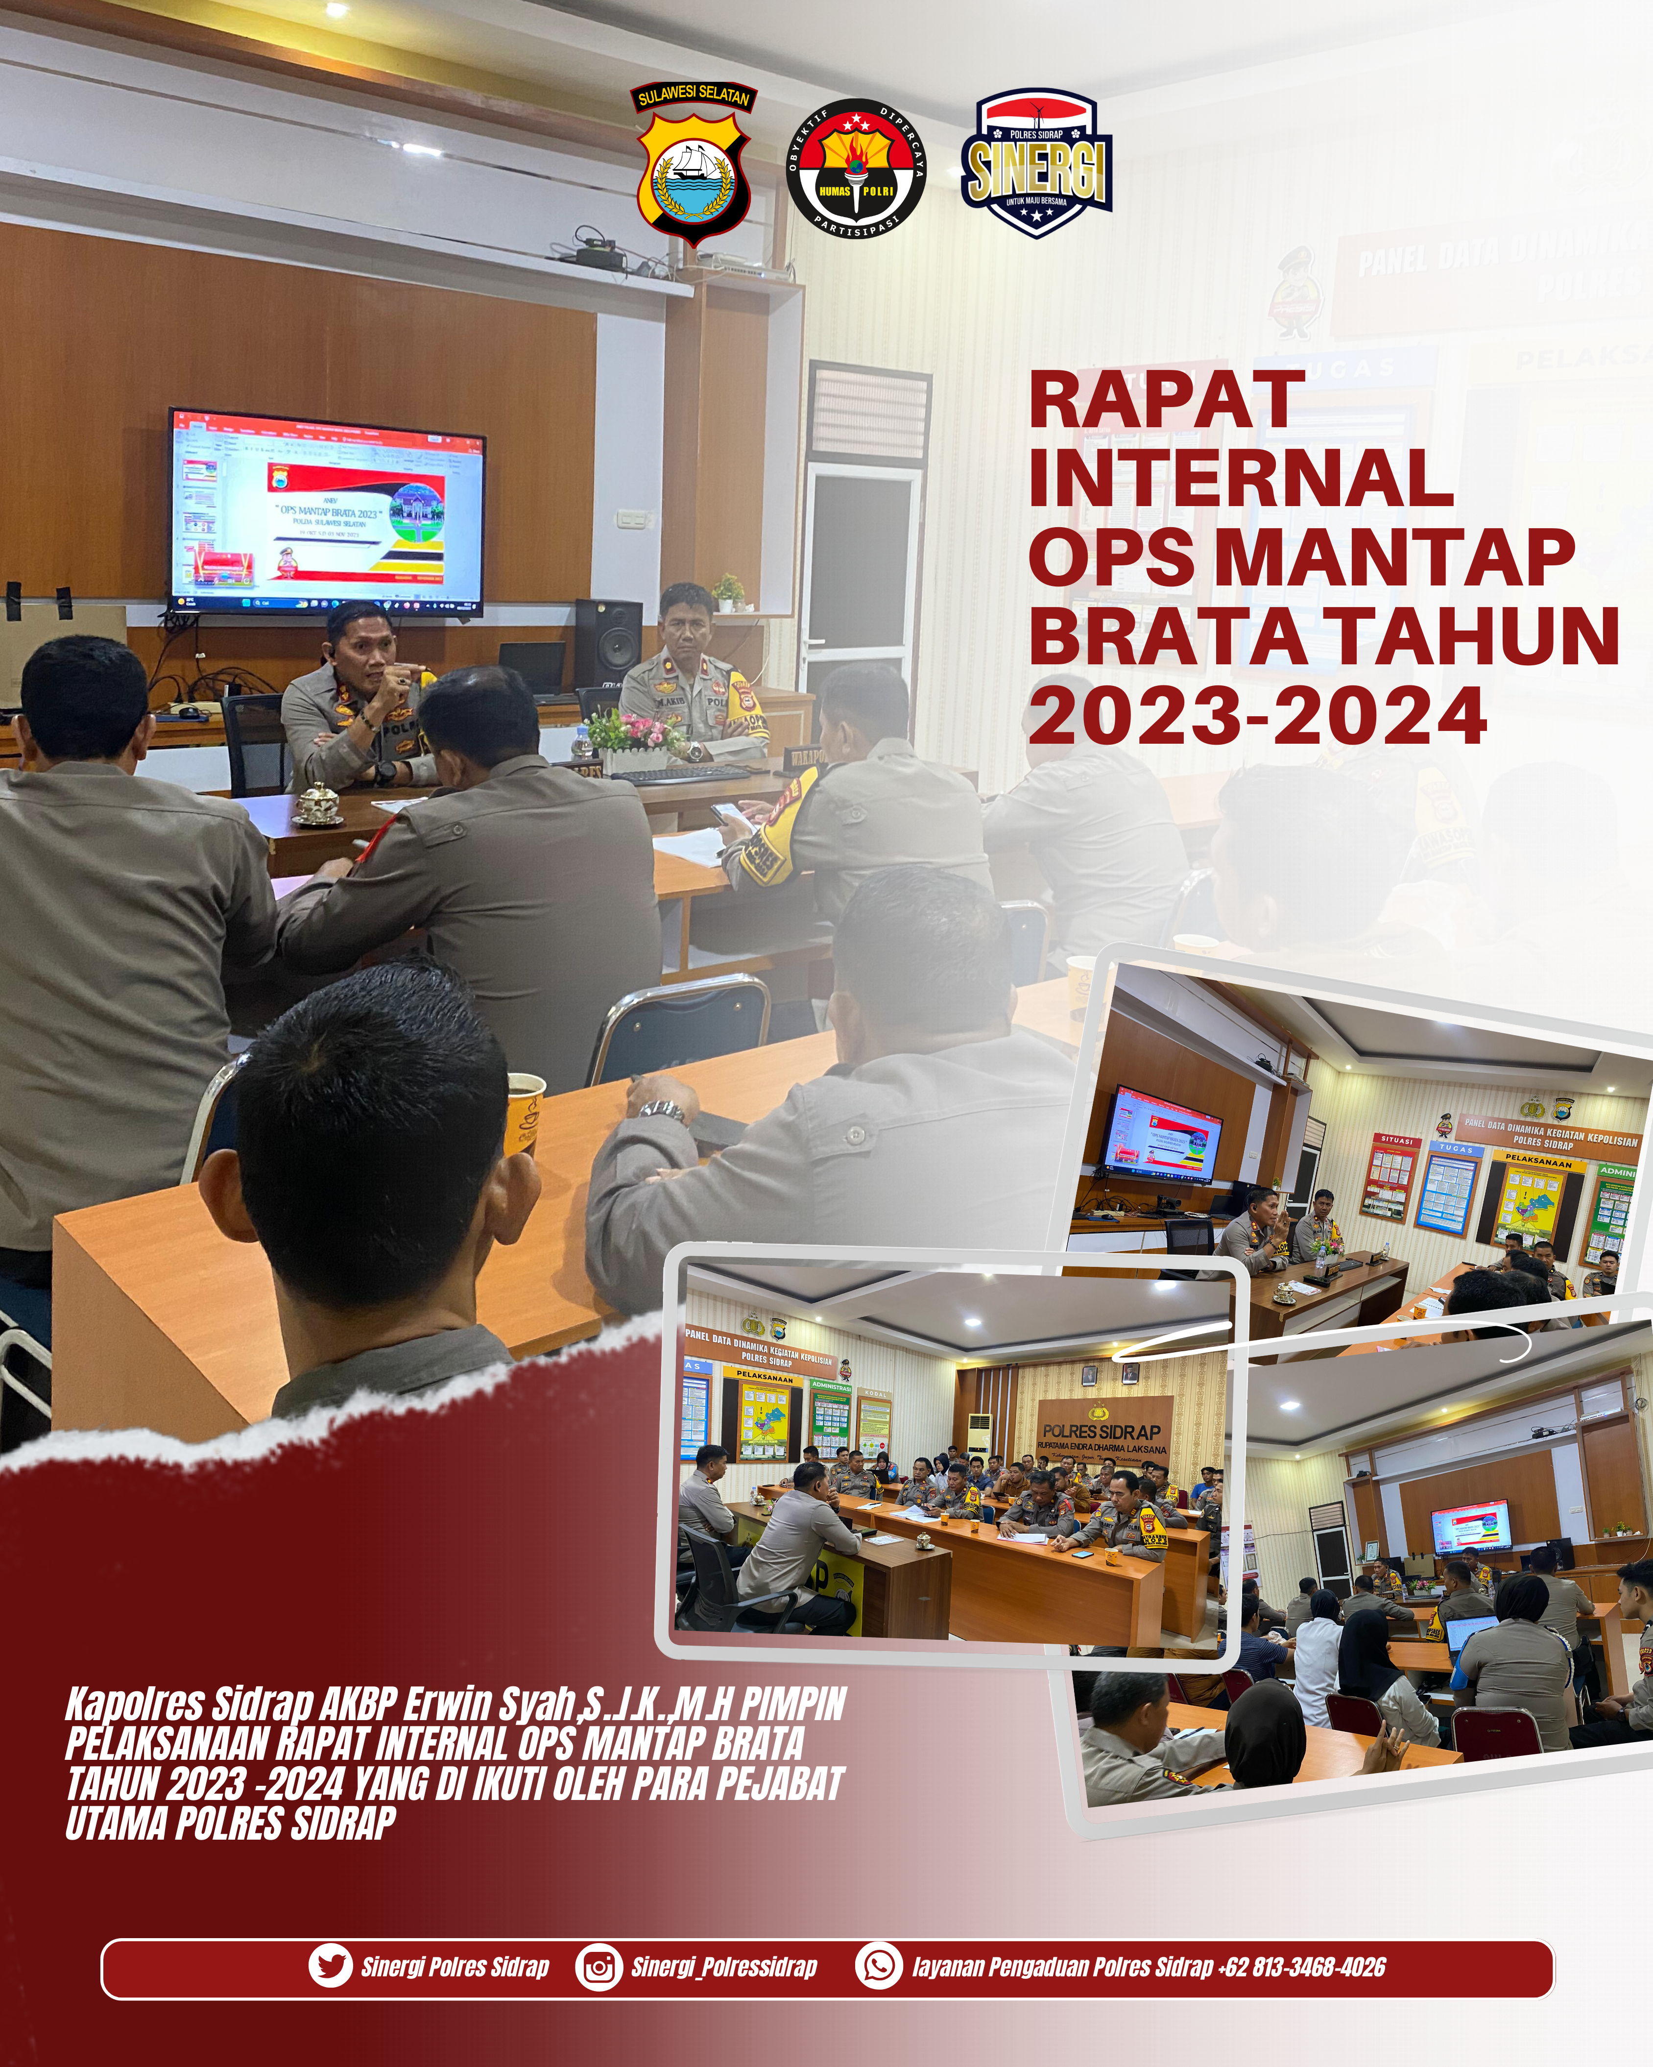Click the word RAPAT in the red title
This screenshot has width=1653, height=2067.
point(1166,400)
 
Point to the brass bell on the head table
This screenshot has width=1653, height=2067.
point(317,803)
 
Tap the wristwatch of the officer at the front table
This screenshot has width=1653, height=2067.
point(662,1111)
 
